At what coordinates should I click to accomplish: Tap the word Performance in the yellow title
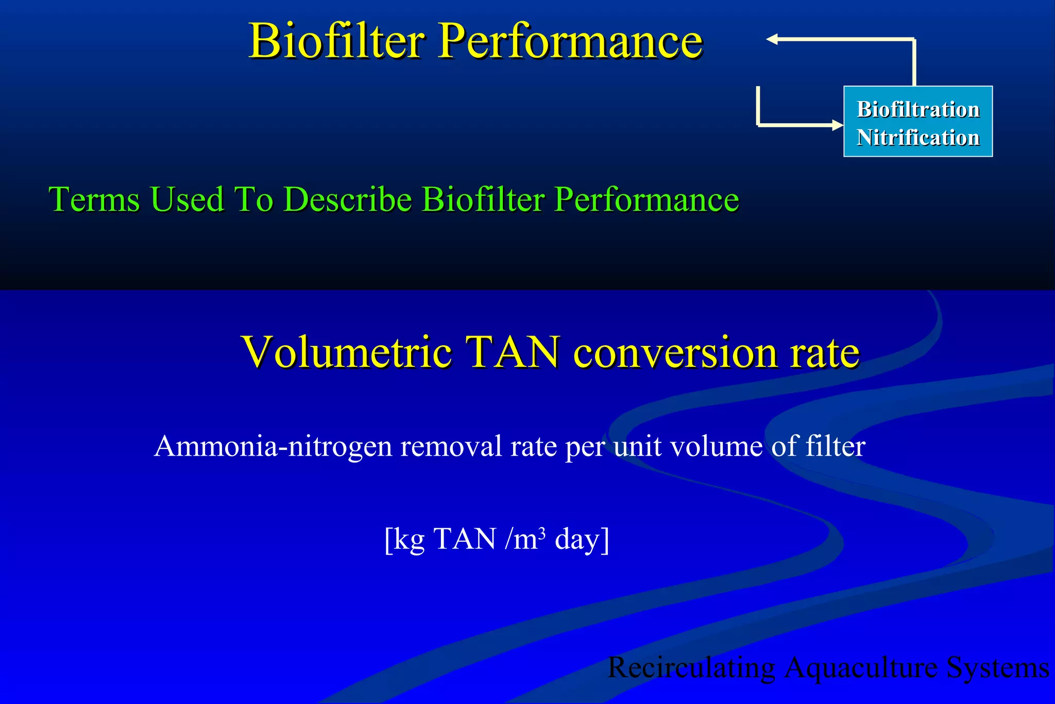click(570, 41)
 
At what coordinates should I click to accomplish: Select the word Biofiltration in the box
click(918, 109)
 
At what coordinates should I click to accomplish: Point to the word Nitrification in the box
click(918, 138)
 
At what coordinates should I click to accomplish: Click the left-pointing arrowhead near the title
click(772, 39)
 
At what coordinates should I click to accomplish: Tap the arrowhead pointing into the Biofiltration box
click(838, 125)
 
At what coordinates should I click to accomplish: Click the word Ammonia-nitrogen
click(273, 446)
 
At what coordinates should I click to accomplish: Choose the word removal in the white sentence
click(451, 446)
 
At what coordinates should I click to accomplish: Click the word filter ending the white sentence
click(835, 446)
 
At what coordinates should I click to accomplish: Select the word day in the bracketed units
click(576, 540)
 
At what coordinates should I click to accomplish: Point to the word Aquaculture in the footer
click(861, 668)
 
